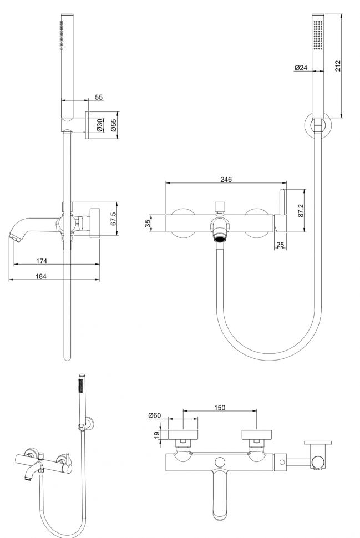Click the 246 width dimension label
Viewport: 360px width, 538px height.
[226, 179]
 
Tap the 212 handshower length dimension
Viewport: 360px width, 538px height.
[338, 65]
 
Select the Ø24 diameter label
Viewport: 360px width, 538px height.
[301, 68]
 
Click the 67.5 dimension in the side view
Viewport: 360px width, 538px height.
[113, 219]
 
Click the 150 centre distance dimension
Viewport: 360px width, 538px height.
[220, 408]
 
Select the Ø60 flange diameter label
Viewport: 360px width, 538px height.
[155, 415]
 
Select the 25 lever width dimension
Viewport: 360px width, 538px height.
[280, 244]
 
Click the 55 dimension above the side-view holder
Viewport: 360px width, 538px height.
[99, 97]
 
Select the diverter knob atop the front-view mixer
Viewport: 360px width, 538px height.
[220, 206]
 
